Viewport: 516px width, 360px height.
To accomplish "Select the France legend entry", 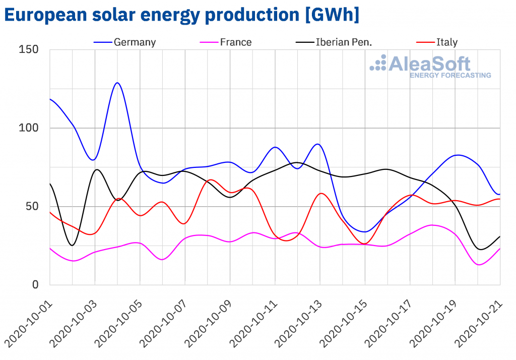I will pos(235,42).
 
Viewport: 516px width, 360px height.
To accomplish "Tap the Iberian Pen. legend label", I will pos(343,42).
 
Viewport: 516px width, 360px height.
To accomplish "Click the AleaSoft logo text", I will pos(429,64).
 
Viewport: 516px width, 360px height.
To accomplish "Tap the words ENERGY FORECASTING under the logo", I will pos(450,76).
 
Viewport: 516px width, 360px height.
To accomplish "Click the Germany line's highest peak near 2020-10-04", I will pos(117,83).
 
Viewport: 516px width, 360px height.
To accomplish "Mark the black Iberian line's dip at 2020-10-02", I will pos(73,245).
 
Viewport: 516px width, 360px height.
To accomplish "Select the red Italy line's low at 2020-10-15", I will pos(365,244).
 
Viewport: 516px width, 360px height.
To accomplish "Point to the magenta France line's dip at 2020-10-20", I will pos(479,265).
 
